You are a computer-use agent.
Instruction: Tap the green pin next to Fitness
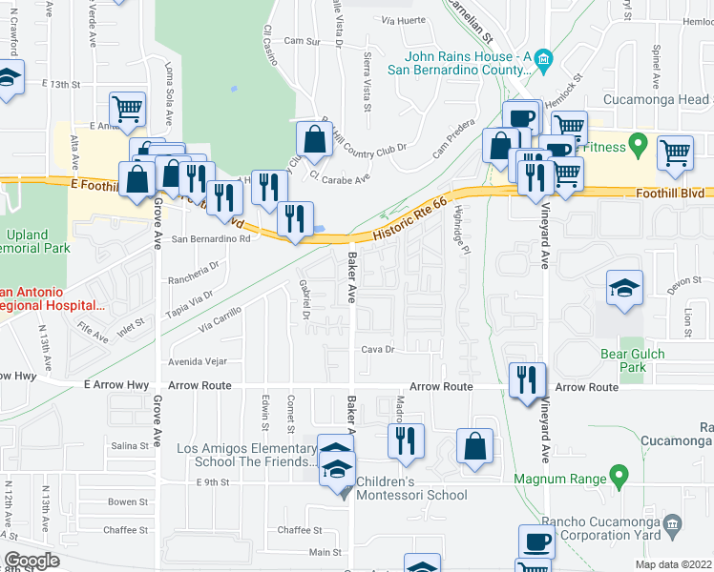coord(640,147)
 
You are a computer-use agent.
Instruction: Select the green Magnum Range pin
coord(618,474)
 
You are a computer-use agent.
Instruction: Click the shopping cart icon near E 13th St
coord(127,110)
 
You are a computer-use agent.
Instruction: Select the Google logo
coord(31,561)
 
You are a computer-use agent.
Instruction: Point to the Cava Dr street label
coord(377,350)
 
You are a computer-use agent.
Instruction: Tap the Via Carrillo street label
coord(220,318)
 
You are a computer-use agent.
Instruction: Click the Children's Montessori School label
coord(411,488)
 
